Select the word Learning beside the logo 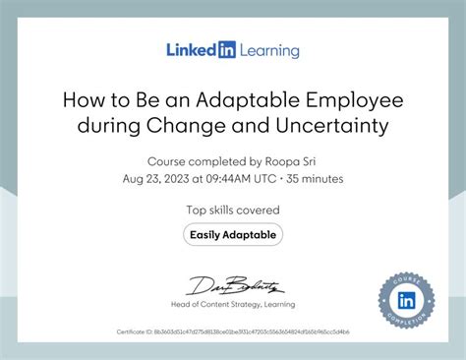coord(266,50)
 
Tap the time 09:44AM coord(228,180)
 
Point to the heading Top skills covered coord(233,210)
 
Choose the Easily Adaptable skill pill coord(233,234)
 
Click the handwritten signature coord(233,286)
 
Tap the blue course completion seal coord(407,300)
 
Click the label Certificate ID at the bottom coord(134,332)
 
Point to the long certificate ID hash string coord(250,332)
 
